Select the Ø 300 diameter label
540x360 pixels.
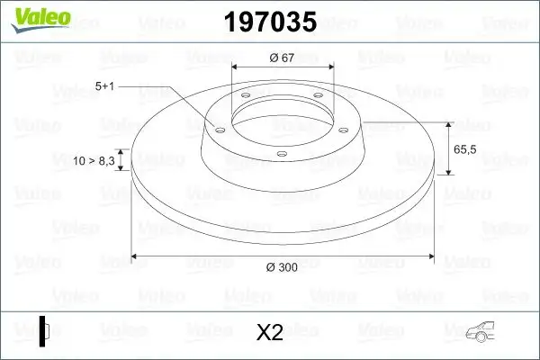click(x=282, y=266)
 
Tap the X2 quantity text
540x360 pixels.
click(x=270, y=333)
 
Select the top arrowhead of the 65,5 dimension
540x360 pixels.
click(x=447, y=121)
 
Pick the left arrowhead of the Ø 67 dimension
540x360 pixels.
click(x=237, y=67)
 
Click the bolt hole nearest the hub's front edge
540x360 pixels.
click(x=282, y=154)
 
